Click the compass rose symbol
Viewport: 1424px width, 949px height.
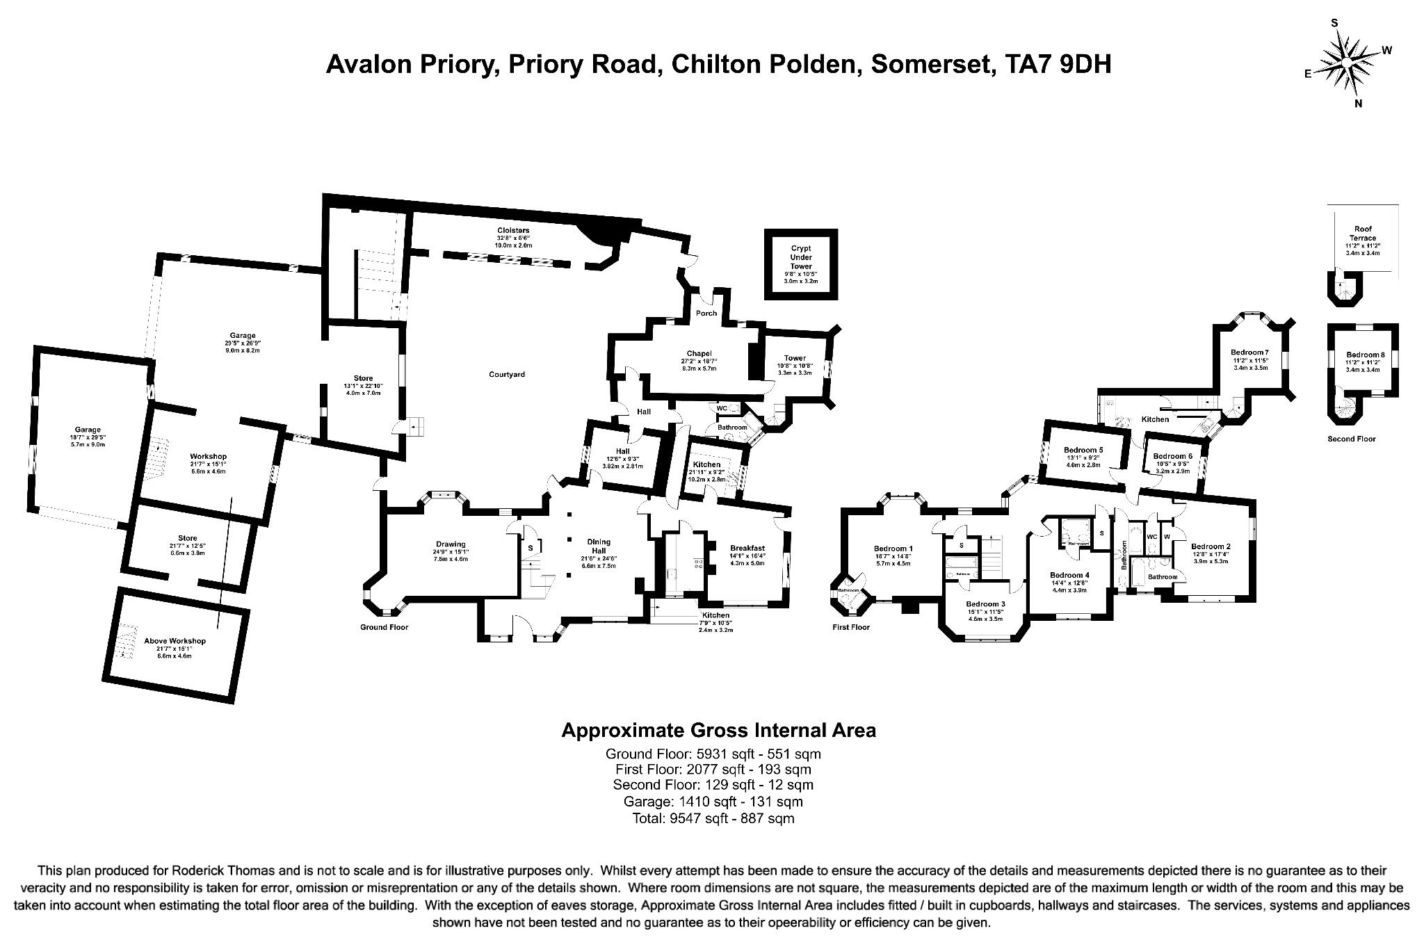click(1347, 63)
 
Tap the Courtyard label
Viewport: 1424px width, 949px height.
click(506, 375)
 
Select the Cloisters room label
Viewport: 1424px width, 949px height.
click(513, 230)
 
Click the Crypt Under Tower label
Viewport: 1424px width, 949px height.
click(801, 257)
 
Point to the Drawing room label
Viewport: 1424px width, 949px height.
click(451, 544)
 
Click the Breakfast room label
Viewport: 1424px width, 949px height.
click(747, 548)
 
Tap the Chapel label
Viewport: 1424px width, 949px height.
click(698, 353)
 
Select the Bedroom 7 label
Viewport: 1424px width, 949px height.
click(1249, 352)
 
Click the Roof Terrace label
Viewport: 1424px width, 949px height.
click(1363, 234)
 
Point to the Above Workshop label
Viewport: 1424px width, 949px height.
click(175, 641)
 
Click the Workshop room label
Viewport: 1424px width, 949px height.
click(208, 456)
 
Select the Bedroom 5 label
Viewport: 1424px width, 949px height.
click(1084, 450)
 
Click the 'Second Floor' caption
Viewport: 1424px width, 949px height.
click(1352, 439)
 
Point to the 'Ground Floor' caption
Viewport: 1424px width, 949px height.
click(384, 627)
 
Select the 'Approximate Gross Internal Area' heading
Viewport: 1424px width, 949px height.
click(718, 731)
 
